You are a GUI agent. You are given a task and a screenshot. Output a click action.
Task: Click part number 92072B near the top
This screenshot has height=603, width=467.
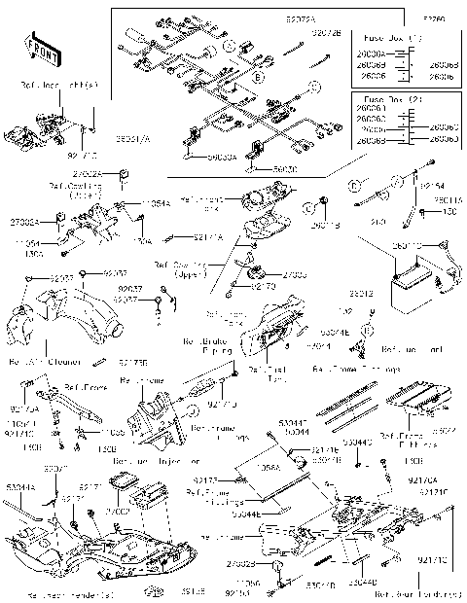click(327, 32)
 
